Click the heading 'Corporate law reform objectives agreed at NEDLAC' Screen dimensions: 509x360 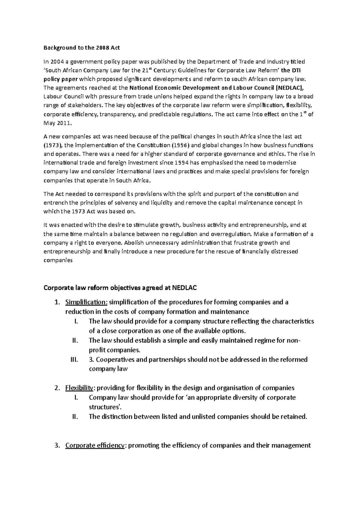click(x=120, y=288)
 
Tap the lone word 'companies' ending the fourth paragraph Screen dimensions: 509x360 click(x=58, y=260)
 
